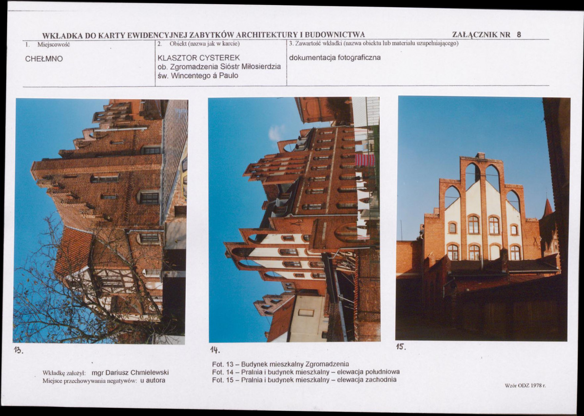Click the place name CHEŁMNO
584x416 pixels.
pos(44,59)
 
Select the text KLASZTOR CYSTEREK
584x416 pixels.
pos(199,58)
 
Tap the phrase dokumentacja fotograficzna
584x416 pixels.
pos(335,57)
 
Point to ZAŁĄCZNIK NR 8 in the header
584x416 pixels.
pos(487,35)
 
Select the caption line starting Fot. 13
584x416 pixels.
pos(280,364)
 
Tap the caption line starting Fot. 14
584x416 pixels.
pos(306,372)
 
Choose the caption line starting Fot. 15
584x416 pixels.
pos(304,380)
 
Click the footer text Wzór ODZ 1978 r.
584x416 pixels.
pos(525,385)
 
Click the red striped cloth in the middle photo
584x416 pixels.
pos(365,160)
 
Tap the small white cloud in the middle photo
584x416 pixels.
pos(276,133)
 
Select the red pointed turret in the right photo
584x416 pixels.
pos(547,207)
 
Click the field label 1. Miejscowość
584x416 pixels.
pos(48,44)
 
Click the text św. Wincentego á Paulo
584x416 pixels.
pos(198,75)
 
